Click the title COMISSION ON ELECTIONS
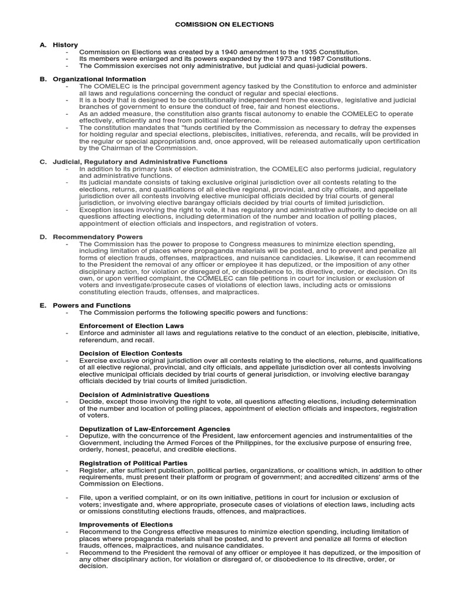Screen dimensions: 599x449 click(224, 25)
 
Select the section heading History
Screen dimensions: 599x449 click(65, 44)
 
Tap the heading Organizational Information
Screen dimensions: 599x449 click(99, 79)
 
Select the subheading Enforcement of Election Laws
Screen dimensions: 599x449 click(132, 326)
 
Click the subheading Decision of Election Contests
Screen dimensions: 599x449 click(131, 353)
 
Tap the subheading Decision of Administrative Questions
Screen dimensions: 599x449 click(144, 394)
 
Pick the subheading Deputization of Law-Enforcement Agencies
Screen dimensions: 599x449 click(155, 429)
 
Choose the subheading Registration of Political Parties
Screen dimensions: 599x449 click(133, 463)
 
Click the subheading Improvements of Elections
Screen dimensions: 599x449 click(126, 524)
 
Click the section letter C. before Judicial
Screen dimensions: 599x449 click(43, 161)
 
